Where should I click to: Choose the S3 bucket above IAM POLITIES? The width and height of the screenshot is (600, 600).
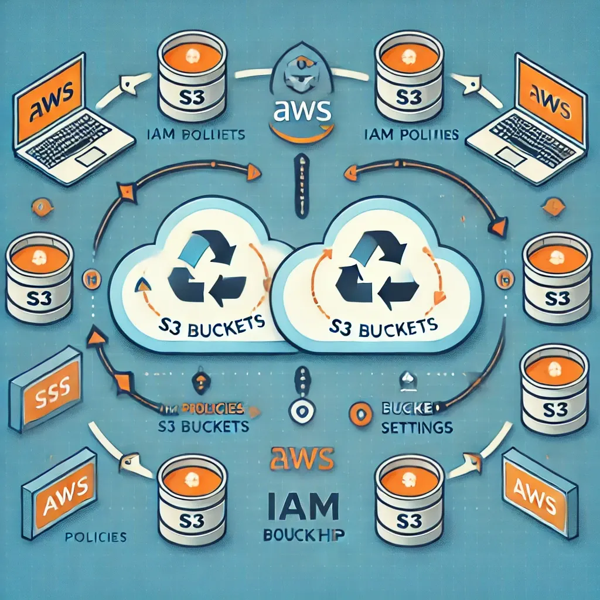(x=408, y=76)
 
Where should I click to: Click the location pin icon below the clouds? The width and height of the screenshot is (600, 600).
(x=300, y=411)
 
